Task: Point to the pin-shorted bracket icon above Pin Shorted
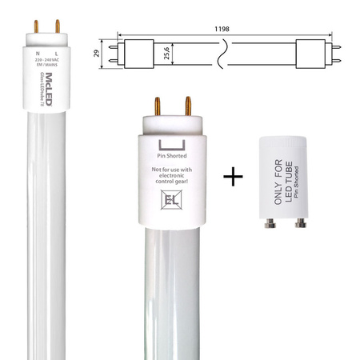(176, 145)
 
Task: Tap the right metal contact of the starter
(302, 225)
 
